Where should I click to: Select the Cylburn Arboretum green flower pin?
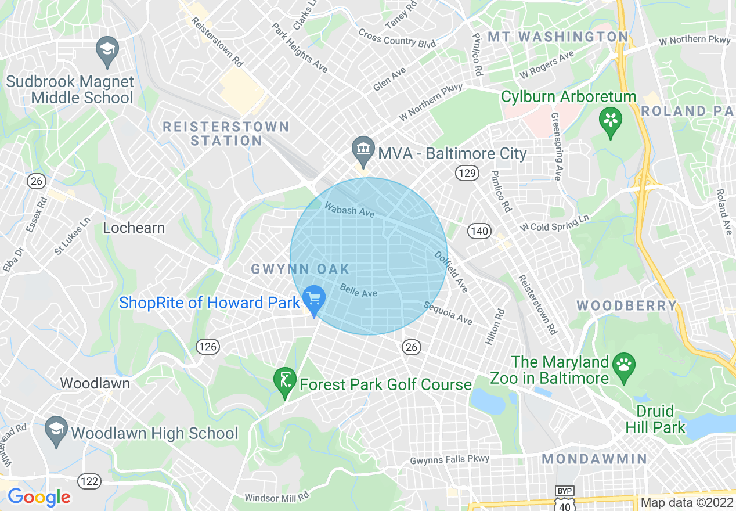pos(610,121)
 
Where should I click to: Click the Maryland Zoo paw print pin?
pos(624,366)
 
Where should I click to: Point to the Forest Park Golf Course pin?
pos(284,381)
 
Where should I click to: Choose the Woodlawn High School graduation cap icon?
pos(56,430)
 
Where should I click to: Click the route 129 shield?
pos(466,172)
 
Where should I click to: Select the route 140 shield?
pos(480,231)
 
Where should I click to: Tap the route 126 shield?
pos(207,347)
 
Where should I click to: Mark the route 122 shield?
pos(89,481)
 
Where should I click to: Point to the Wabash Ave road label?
pos(349,209)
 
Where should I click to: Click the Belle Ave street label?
pos(359,290)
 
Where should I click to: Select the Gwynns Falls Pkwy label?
pos(450,459)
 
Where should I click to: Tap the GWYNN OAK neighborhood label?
pos(300,269)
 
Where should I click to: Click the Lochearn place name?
pos(134,228)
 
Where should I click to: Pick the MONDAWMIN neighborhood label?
pos(594,459)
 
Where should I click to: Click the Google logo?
pos(39,497)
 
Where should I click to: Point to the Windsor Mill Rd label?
pos(277,498)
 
